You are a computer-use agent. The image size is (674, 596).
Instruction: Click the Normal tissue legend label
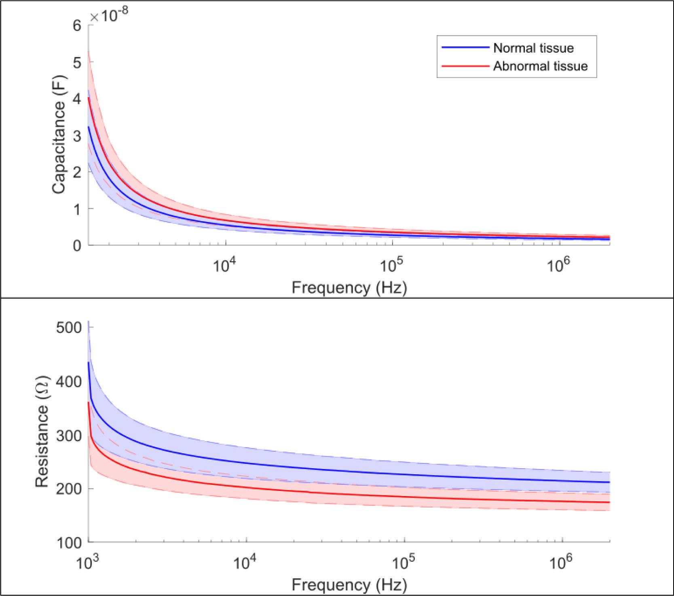[533, 48]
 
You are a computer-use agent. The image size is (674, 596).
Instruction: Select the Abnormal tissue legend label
[540, 66]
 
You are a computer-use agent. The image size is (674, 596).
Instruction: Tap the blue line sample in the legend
[465, 48]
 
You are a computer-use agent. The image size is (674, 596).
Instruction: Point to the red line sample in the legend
[465, 66]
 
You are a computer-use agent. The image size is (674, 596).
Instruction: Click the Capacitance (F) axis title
[59, 135]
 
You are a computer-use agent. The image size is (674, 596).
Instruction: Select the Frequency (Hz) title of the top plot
[349, 288]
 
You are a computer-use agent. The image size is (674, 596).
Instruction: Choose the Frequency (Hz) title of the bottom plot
[349, 585]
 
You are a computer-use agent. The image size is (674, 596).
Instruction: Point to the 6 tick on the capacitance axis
[77, 26]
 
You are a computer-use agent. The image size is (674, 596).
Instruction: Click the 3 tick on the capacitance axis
[77, 135]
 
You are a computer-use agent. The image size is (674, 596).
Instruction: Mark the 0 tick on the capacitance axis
[77, 245]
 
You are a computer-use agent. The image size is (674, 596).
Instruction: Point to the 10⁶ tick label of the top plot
[558, 265]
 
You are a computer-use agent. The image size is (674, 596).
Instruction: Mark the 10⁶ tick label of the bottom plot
[562, 563]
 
